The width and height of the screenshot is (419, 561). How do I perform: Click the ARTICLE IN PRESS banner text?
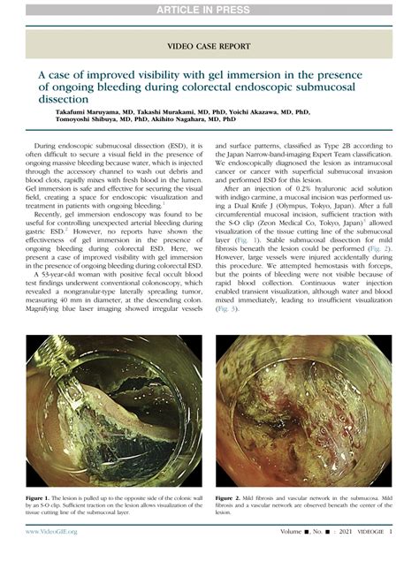tap(209, 10)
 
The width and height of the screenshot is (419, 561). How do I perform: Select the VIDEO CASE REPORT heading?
tap(209, 43)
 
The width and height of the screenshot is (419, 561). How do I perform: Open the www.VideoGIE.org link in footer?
tap(52, 532)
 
